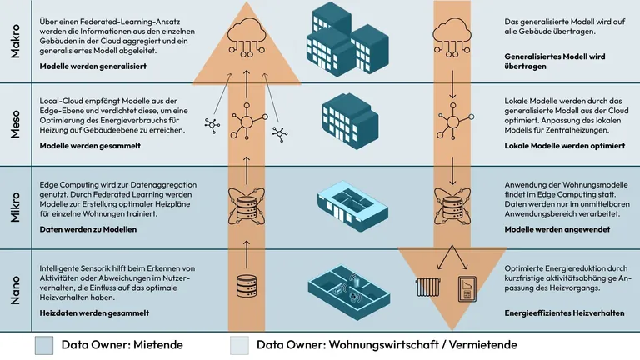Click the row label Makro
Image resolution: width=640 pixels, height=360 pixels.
(15, 42)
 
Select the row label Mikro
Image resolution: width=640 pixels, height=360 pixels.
(15, 206)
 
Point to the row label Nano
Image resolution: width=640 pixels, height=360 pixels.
(15, 288)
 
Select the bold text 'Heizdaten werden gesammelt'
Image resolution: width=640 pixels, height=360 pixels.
(94, 313)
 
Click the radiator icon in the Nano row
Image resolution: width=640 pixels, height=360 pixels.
(430, 288)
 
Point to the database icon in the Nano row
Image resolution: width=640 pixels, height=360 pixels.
(246, 288)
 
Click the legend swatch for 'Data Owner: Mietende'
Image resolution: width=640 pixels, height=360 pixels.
(45, 344)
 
